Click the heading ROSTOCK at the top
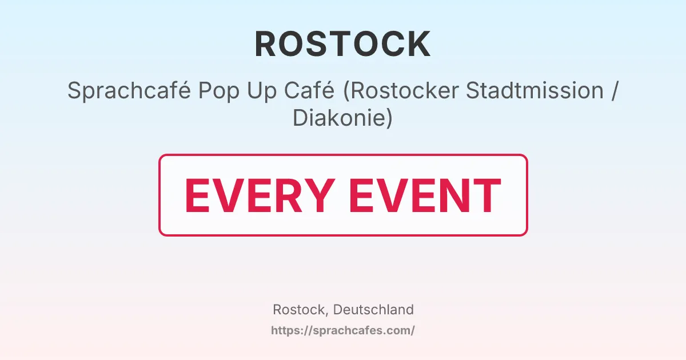click(x=342, y=45)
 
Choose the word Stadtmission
click(x=535, y=91)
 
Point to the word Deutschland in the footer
click(x=373, y=310)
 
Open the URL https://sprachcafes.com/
click(x=342, y=330)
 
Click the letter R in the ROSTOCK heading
click(x=266, y=45)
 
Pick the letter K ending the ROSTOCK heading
click(x=420, y=45)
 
